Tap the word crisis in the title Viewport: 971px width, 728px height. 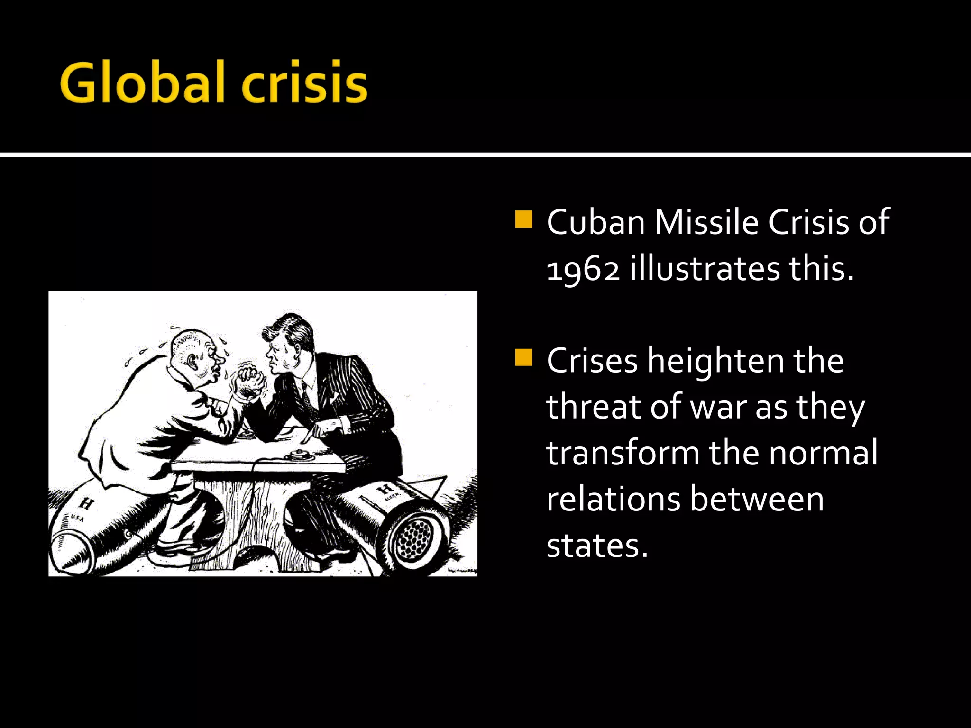(x=304, y=82)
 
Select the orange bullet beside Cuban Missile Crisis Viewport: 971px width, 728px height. (x=523, y=219)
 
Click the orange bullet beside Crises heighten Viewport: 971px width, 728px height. (x=523, y=357)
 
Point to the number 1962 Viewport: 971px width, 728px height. (x=583, y=269)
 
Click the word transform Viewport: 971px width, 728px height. (x=623, y=453)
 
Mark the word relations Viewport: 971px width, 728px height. (x=613, y=499)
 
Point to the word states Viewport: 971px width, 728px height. (x=596, y=545)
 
